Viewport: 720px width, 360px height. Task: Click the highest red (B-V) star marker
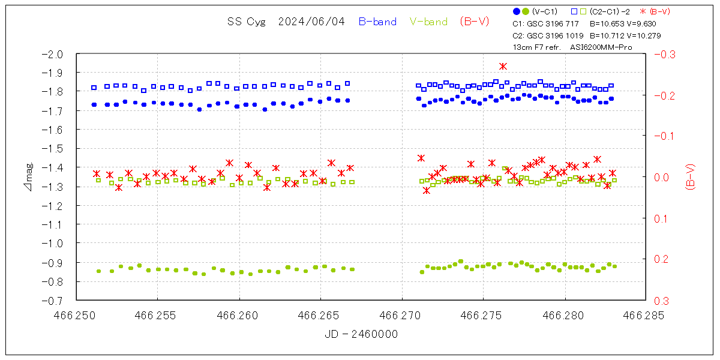pyautogui.click(x=503, y=66)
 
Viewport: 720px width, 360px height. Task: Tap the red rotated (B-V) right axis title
pyautogui.click(x=690, y=177)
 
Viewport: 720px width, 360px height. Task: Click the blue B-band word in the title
pyautogui.click(x=377, y=22)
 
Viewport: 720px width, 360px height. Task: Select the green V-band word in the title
pyautogui.click(x=428, y=22)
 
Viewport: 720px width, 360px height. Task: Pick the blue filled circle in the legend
pyautogui.click(x=517, y=11)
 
